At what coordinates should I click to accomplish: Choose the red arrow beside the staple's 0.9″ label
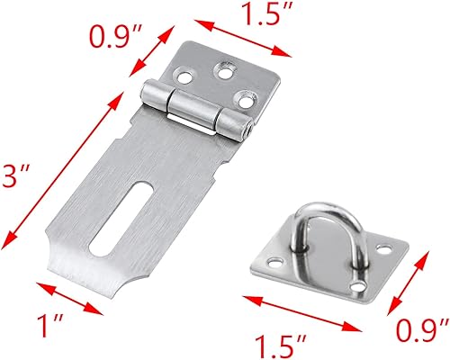coord(409,280)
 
